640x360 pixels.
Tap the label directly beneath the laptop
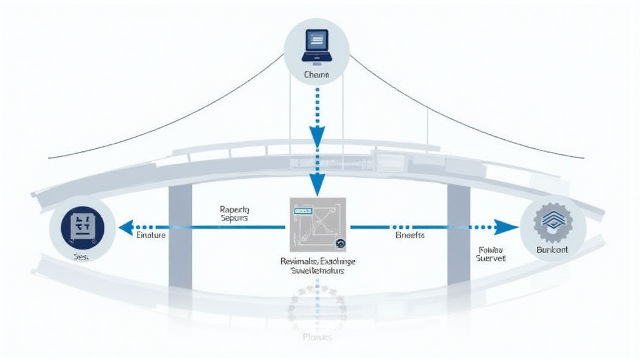click(x=316, y=75)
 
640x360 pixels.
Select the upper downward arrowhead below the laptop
click(x=317, y=136)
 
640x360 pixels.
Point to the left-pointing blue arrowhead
click(x=126, y=227)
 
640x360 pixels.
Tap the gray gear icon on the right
click(x=552, y=223)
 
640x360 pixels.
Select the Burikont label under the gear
click(x=552, y=249)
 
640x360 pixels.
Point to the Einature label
click(x=151, y=236)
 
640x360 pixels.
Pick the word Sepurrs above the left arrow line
click(x=234, y=219)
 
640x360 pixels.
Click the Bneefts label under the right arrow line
click(x=410, y=236)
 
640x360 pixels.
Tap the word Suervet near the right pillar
click(x=491, y=257)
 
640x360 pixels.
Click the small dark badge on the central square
click(x=341, y=245)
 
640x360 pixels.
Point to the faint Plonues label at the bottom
click(x=317, y=337)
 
